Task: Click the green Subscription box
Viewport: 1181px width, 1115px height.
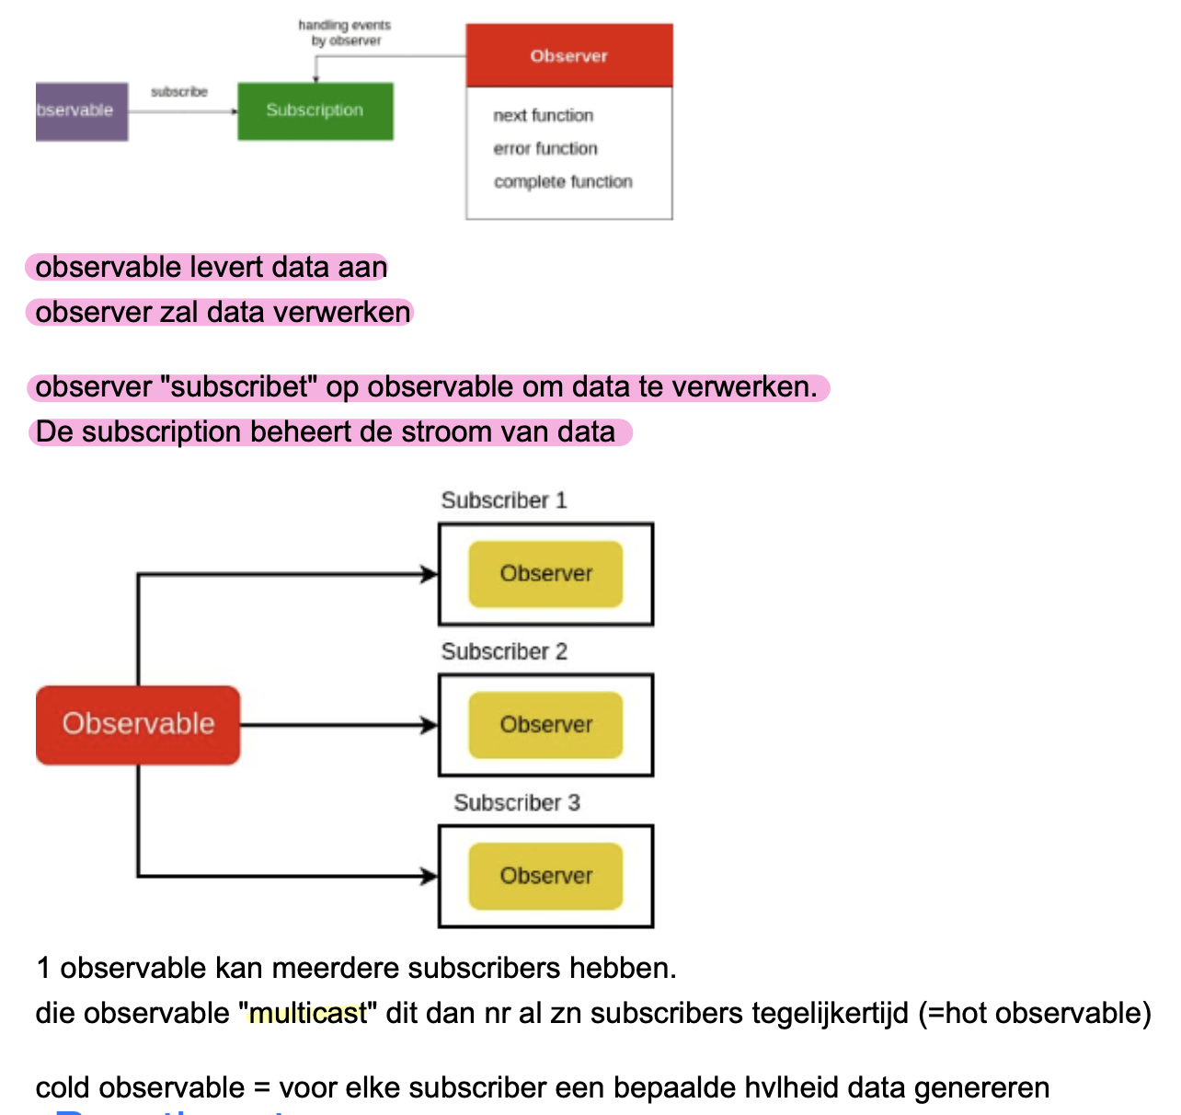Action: pyautogui.click(x=315, y=111)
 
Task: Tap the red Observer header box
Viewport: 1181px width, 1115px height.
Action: pyautogui.click(x=568, y=56)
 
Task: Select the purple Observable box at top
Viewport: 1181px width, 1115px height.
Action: pyautogui.click(x=81, y=111)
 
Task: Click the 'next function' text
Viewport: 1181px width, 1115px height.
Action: pyautogui.click(x=543, y=116)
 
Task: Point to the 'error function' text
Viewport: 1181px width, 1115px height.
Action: pyautogui.click(x=545, y=149)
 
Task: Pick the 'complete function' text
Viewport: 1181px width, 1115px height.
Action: pyautogui.click(x=563, y=182)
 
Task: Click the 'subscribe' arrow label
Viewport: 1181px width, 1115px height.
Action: pyautogui.click(x=179, y=92)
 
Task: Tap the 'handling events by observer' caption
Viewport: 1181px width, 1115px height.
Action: pyautogui.click(x=345, y=33)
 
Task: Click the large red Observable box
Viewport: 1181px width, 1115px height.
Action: pyautogui.click(x=138, y=724)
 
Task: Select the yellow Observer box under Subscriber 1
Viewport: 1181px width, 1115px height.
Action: pyautogui.click(x=545, y=574)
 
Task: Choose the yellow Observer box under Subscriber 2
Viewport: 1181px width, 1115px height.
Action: pyautogui.click(x=545, y=725)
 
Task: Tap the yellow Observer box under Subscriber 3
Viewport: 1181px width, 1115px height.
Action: pyautogui.click(x=545, y=876)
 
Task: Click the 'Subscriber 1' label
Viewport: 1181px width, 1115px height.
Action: pyautogui.click(x=504, y=500)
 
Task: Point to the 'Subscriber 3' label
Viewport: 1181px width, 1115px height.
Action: pyautogui.click(x=516, y=803)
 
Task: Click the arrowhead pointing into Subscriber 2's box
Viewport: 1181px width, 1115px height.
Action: pyautogui.click(x=430, y=725)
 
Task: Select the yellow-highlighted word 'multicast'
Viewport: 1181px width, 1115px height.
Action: pyautogui.click(x=308, y=1014)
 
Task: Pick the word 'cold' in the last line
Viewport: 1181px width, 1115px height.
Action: pyautogui.click(x=65, y=1088)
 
